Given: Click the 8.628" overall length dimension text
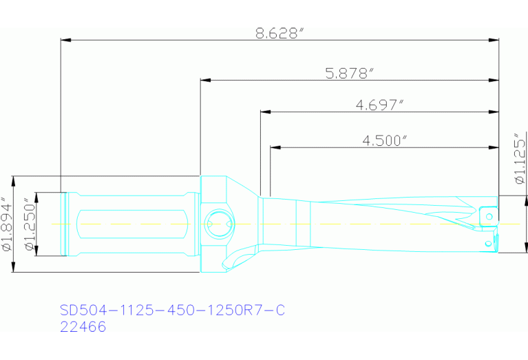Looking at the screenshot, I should tap(279, 33).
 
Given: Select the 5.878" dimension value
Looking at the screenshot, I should tap(349, 73).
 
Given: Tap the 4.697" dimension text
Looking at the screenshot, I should tap(379, 105).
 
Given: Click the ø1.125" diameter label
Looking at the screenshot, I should tap(519, 159).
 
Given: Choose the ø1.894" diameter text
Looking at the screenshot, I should tap(7, 224).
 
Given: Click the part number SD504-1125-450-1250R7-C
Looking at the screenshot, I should tap(172, 310).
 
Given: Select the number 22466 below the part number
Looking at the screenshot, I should tap(83, 328).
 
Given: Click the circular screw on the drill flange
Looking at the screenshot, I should tap(219, 222).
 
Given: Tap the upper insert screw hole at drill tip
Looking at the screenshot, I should tap(489, 216).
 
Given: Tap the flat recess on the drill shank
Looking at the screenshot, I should tap(131, 224).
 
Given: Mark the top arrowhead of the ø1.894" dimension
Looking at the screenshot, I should tap(13, 180).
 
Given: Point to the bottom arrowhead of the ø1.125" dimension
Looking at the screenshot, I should tap(527, 248).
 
